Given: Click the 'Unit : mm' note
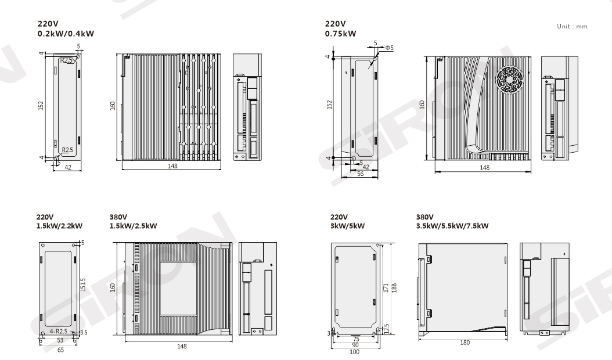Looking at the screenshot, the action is coord(572,26).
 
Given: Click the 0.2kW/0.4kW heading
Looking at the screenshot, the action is coord(66,34).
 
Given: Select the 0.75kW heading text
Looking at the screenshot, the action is coord(340,34).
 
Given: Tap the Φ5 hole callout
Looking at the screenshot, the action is coord(390,48).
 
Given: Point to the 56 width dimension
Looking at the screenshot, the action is coord(360,174).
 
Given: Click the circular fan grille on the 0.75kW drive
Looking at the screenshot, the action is coord(509,80).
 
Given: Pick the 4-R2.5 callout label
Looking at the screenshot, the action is coord(59,332).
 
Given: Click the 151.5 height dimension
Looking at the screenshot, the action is coord(83,285).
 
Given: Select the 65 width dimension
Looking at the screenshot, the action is coord(60,350).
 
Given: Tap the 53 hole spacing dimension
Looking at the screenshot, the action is coord(60,340).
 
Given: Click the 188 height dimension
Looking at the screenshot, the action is coord(394,288).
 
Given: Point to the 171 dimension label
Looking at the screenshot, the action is coord(386,288).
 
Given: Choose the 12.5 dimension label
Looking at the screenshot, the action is coord(386,329).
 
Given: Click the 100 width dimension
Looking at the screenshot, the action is coord(354,352).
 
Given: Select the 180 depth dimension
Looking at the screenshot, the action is coord(465,343).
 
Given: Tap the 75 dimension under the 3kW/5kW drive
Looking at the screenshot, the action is coord(356,339).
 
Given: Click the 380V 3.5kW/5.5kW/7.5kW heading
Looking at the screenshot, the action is coord(452,221).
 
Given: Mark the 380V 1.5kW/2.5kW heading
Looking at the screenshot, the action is coord(134,221).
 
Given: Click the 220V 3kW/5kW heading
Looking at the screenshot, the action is coord(347,221).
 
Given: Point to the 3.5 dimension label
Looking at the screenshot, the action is coord(84,333).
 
